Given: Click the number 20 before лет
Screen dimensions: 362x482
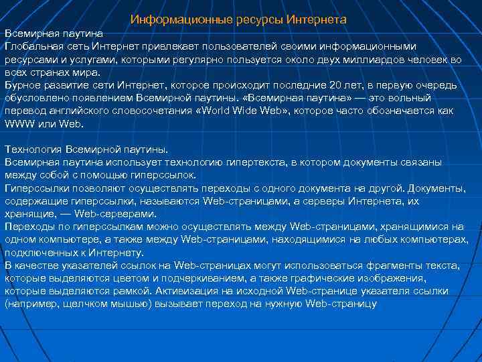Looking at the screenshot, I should pos(337,85).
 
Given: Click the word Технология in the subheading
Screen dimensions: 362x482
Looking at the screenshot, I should pos(33,149).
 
